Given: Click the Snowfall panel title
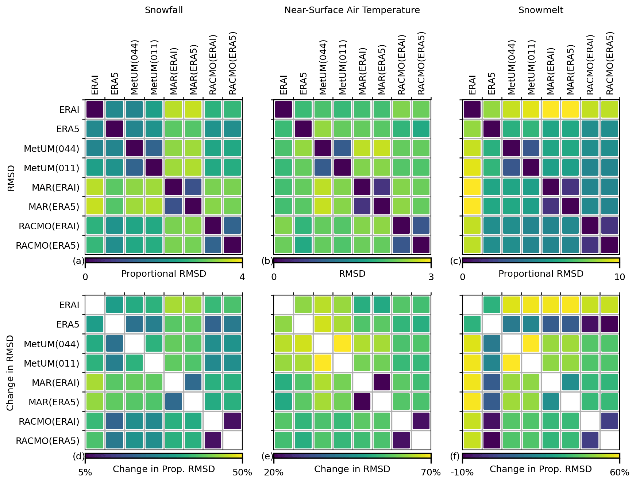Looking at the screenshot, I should (x=163, y=10).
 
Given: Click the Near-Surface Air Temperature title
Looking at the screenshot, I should (x=352, y=10).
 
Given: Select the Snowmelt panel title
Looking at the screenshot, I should (x=540, y=10).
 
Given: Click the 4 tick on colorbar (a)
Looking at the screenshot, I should (x=242, y=277).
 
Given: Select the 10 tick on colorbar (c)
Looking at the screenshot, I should (x=620, y=277).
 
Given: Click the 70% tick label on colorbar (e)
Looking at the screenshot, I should (x=431, y=473).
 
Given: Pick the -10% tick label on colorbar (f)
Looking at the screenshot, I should (x=462, y=473).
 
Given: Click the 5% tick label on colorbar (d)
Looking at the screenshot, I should (x=85, y=473).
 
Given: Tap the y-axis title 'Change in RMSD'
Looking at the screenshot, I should (x=10, y=373).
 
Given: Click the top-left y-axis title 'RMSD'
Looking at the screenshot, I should (x=11, y=178).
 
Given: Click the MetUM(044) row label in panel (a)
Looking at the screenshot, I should (x=51, y=149).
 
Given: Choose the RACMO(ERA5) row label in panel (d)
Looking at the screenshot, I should (x=47, y=441).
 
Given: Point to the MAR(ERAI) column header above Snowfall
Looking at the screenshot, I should (x=174, y=71).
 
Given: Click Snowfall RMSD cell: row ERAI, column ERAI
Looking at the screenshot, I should (x=95, y=110).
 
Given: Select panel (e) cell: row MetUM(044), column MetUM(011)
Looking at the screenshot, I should (x=342, y=344).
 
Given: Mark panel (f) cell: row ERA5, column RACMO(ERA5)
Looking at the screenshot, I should (x=609, y=324).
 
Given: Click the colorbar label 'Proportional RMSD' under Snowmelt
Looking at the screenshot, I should (x=541, y=274).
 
